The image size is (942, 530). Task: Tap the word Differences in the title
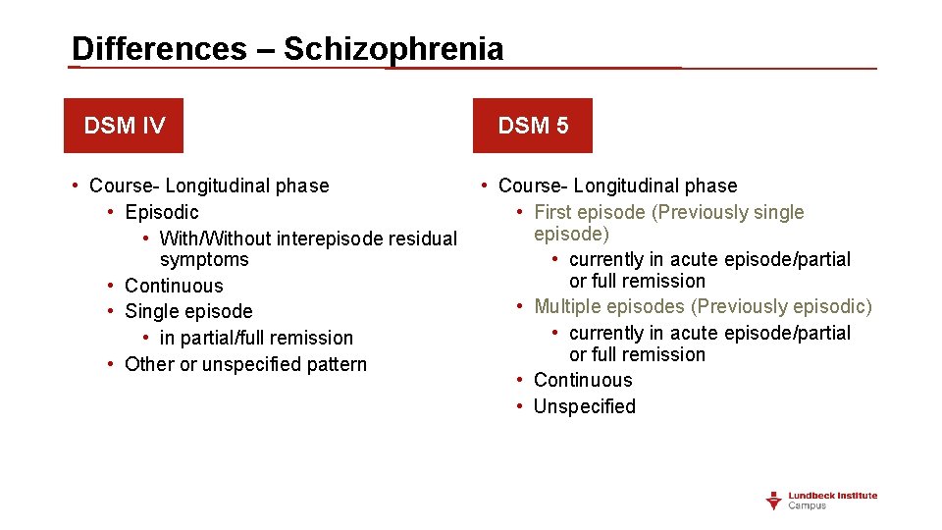[x=159, y=49]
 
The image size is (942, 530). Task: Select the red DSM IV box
[x=124, y=126]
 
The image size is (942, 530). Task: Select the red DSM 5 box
[x=533, y=126]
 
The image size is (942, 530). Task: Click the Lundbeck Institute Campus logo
[x=821, y=501]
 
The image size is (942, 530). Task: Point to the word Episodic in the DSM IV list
[x=162, y=212]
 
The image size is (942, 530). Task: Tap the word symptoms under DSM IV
[x=204, y=260]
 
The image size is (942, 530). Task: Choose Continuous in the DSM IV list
[x=174, y=286]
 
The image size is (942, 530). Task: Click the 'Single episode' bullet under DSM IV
[x=188, y=311]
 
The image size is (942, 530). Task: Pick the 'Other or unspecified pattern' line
[x=245, y=364]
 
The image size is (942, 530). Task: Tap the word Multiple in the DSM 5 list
[x=570, y=307]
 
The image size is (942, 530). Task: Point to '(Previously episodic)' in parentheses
[x=782, y=307]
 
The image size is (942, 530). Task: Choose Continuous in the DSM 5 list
[x=583, y=380]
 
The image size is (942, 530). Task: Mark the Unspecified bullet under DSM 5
[x=584, y=406]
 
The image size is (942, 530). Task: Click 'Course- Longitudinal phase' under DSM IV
[x=209, y=185]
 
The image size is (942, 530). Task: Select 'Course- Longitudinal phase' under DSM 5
[x=617, y=185]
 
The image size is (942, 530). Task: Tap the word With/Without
[x=216, y=238]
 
